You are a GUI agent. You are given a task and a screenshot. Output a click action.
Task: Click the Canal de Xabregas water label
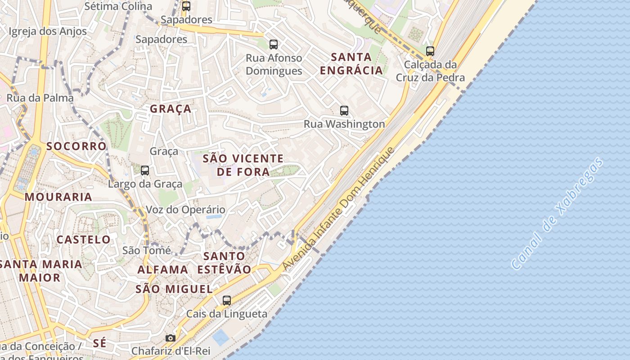(x=558, y=213)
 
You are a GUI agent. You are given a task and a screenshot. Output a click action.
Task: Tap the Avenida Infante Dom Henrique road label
(x=338, y=209)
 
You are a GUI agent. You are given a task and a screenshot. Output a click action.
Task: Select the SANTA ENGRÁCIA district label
(x=351, y=63)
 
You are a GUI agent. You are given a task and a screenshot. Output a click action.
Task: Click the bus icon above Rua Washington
(x=344, y=110)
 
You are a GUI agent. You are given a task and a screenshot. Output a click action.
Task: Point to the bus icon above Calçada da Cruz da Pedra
(x=430, y=51)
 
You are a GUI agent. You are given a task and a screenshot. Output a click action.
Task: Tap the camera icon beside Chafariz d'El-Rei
(x=170, y=338)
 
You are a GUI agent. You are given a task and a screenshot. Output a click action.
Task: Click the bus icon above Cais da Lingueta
(x=227, y=300)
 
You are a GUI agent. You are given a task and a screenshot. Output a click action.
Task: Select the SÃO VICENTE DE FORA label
(x=243, y=165)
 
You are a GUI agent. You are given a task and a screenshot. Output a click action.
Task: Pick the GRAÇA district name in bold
(x=171, y=109)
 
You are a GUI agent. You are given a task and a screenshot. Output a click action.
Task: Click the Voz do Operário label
(x=185, y=210)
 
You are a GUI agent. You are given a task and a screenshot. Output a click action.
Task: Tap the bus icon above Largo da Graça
(x=145, y=171)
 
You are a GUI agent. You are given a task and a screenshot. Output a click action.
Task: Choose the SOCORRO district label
(x=76, y=146)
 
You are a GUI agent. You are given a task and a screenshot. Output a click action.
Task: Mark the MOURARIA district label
(x=58, y=197)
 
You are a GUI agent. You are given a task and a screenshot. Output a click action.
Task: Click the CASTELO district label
(x=83, y=239)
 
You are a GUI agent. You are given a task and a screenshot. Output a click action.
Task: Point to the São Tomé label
(x=147, y=250)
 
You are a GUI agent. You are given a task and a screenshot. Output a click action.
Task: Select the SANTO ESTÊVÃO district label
(x=224, y=263)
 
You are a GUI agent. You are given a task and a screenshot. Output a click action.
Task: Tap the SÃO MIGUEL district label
(x=174, y=289)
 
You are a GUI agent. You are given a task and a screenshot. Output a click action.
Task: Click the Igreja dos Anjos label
(x=48, y=31)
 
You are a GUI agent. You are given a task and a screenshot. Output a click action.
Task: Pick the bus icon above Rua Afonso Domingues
(x=274, y=44)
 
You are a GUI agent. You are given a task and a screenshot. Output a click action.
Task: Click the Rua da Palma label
(x=40, y=98)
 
